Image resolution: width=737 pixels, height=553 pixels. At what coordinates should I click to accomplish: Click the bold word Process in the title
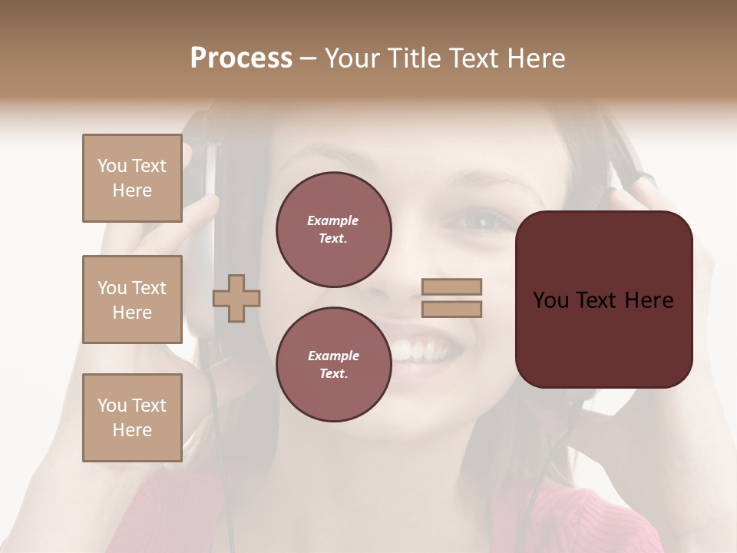pos(241,58)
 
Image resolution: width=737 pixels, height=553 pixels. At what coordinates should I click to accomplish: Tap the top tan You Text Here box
pos(132,178)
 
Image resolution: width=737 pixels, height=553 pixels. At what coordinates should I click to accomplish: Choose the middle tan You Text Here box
pos(132,300)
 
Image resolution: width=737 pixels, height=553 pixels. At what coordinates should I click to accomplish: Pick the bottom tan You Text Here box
pos(132,417)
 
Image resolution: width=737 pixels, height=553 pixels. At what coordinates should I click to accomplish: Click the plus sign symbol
pos(236,298)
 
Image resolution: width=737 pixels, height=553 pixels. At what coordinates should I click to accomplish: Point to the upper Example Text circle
pos(333,229)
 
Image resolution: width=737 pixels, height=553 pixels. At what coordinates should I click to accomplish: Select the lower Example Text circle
pos(333,364)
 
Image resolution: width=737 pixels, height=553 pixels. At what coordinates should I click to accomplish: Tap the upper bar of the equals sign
pos(451,287)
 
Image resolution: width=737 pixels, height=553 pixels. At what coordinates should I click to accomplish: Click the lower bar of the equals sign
pos(451,309)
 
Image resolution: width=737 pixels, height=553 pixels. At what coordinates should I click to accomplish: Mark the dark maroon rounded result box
pos(603,300)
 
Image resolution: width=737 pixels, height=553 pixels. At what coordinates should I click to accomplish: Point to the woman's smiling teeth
pos(418,351)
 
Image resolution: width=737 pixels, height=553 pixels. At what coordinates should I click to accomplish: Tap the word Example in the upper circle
pos(333,220)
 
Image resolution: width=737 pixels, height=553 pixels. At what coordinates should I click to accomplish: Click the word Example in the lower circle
pos(333,356)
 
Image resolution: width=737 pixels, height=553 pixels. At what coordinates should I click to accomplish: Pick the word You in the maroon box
pos(550,300)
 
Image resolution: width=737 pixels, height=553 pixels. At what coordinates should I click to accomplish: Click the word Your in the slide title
pos(352,58)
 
